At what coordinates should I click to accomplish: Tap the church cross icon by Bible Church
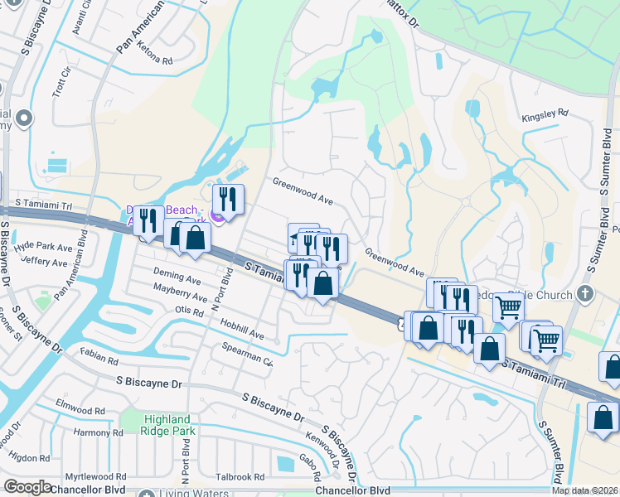pyautogui.click(x=585, y=293)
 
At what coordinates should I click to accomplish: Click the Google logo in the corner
pyautogui.click(x=27, y=487)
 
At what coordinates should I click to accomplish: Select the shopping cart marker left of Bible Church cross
pyautogui.click(x=508, y=308)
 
